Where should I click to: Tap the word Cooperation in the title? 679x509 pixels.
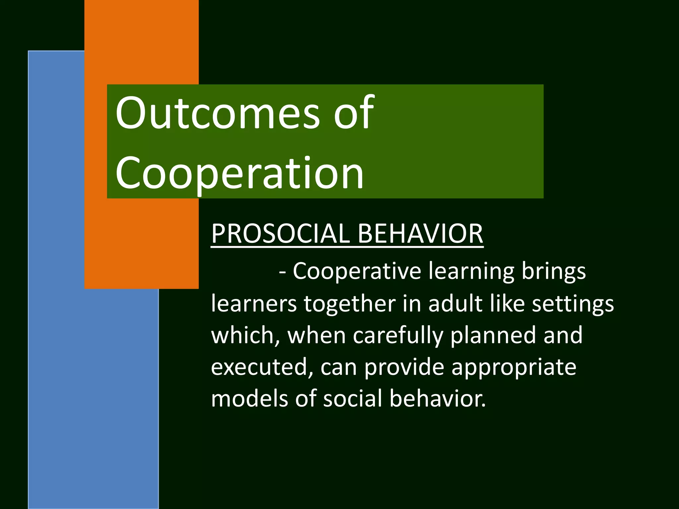[x=239, y=174]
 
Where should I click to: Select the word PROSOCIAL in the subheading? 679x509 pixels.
[x=280, y=233]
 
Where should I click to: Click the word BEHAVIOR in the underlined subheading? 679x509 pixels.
[x=420, y=233]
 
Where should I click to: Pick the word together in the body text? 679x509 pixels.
[x=349, y=303]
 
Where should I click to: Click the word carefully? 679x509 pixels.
[x=398, y=335]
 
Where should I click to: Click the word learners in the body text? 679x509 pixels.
[x=254, y=303]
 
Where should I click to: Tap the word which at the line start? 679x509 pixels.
[x=245, y=335]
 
